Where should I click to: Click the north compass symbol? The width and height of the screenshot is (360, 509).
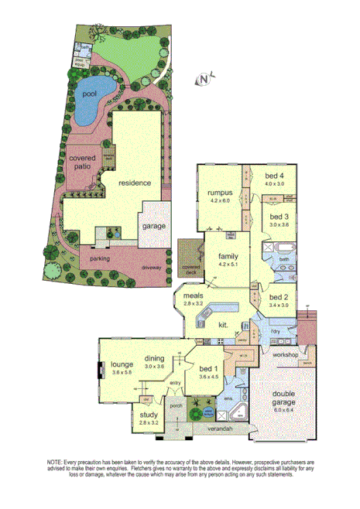click(204, 77)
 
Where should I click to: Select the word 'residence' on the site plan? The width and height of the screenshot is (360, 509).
click(135, 183)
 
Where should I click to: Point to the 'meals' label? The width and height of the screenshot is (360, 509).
click(194, 295)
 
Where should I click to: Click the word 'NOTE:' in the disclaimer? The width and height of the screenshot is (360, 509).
click(57, 461)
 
